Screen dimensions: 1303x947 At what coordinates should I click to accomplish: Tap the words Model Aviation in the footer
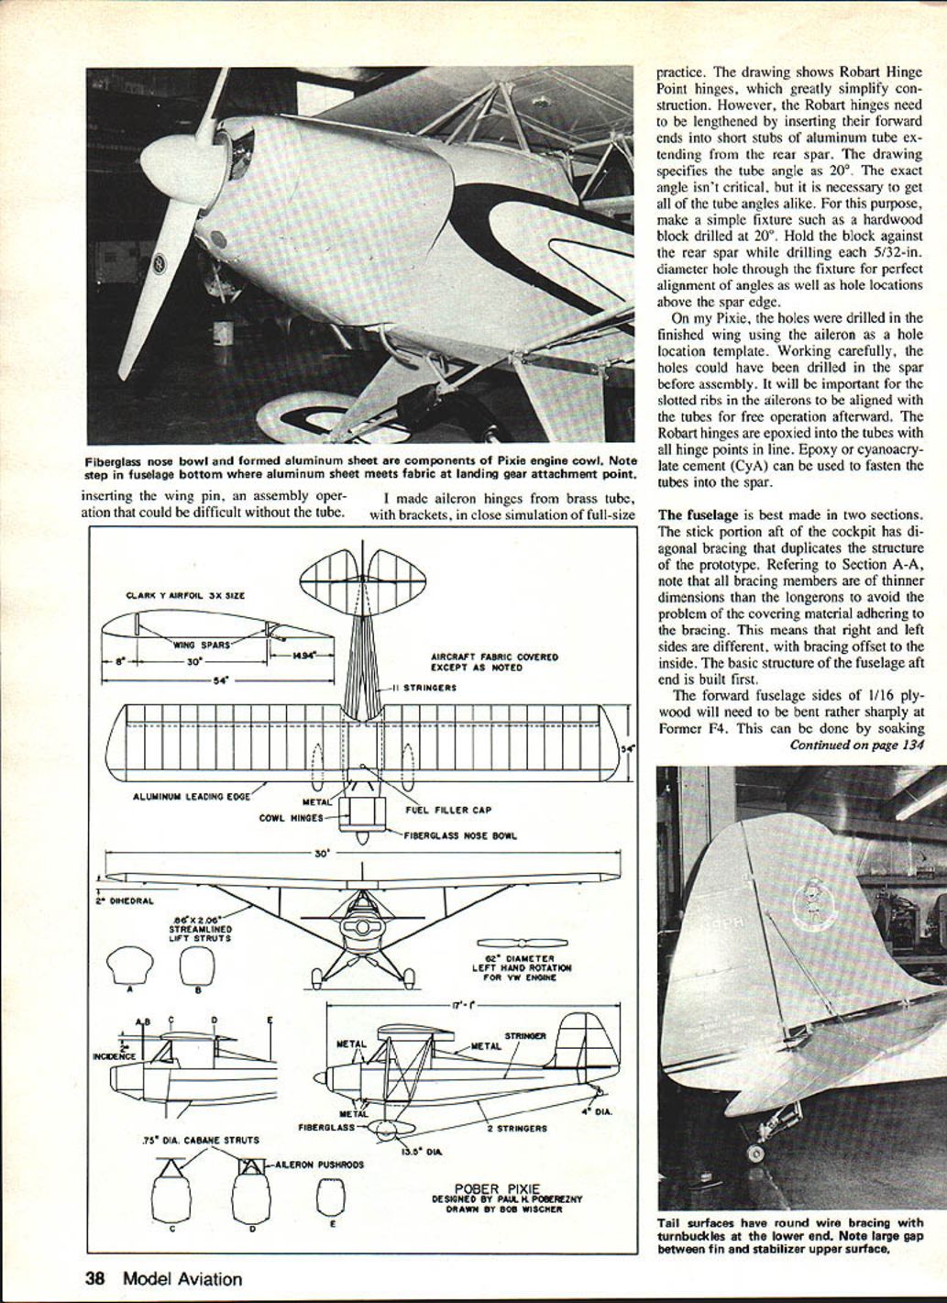pos(182,1277)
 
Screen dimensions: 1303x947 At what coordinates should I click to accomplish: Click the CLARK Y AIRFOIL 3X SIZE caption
pos(185,596)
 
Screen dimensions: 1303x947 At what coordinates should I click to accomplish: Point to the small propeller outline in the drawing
pos(510,942)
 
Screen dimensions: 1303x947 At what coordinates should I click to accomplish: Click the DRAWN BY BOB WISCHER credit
pos(503,1209)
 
